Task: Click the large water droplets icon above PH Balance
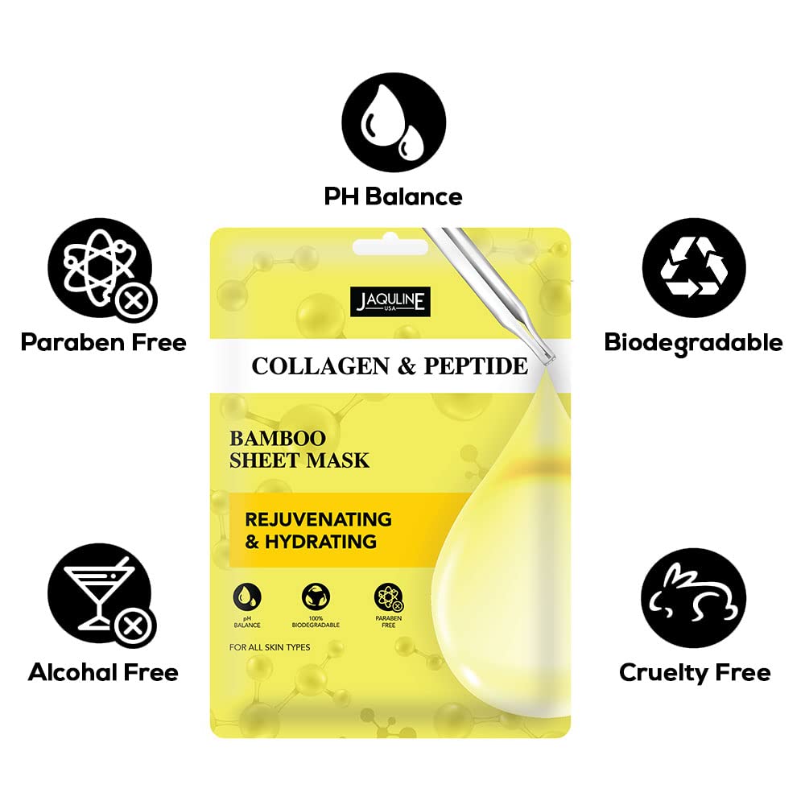pyautogui.click(x=394, y=122)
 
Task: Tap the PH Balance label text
pyautogui.click(x=394, y=196)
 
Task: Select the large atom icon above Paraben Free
pyautogui.click(x=101, y=269)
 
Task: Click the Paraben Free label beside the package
pyautogui.click(x=103, y=342)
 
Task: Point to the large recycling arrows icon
pyautogui.click(x=694, y=267)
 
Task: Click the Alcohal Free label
pyautogui.click(x=103, y=672)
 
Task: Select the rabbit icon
pyautogui.click(x=694, y=597)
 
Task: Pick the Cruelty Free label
pyautogui.click(x=695, y=673)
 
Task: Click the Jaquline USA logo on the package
pyautogui.click(x=390, y=301)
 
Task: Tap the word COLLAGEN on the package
pyautogui.click(x=320, y=366)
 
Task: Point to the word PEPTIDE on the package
pyautogui.click(x=476, y=366)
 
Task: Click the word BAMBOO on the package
pyautogui.click(x=277, y=439)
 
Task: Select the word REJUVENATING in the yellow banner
pyautogui.click(x=318, y=519)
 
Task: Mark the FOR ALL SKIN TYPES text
pyautogui.click(x=270, y=647)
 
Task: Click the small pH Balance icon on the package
pyautogui.click(x=247, y=597)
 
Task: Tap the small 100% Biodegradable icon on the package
pyautogui.click(x=316, y=597)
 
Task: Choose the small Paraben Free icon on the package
pyautogui.click(x=389, y=597)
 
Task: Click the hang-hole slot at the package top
pyautogui.click(x=390, y=246)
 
